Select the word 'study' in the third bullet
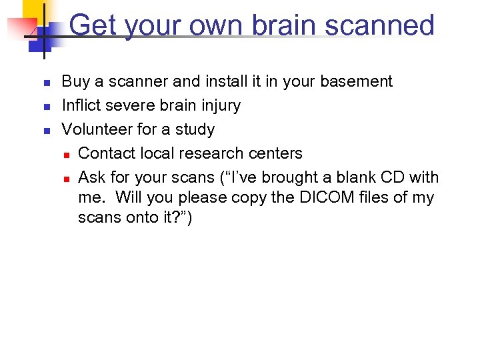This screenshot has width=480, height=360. (194, 130)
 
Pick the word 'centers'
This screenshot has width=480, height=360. (275, 153)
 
